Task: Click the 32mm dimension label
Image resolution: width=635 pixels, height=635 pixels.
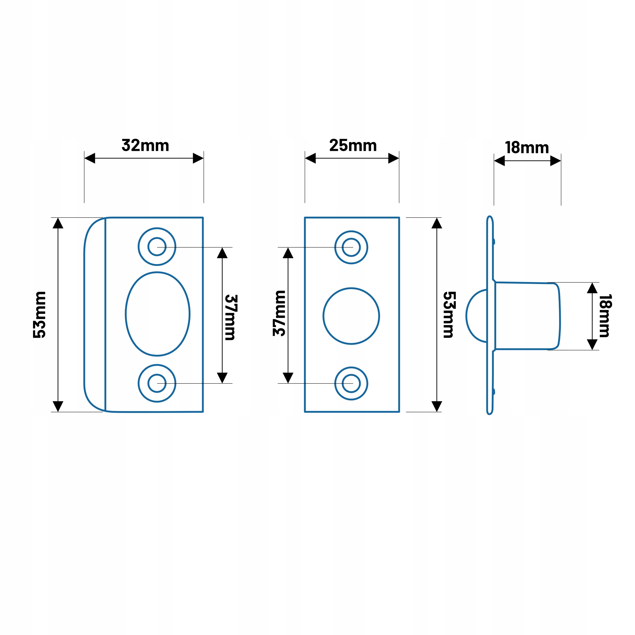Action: coord(145,145)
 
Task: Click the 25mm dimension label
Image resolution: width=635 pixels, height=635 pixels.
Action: coord(353,145)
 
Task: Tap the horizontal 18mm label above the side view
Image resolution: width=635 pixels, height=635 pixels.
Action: coord(527,147)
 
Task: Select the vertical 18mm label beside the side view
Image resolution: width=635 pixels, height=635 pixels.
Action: coord(605,316)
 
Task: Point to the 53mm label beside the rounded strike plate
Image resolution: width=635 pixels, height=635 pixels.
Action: coord(39,315)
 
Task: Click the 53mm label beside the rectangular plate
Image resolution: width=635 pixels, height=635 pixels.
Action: coord(449,315)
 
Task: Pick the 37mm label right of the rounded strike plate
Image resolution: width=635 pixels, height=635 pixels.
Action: coord(231,317)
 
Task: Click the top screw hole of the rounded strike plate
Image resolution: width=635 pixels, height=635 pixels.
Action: coord(157,247)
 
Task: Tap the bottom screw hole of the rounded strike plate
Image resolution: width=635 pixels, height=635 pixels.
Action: coord(157,383)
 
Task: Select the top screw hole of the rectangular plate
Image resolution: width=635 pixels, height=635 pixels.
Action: coord(351,247)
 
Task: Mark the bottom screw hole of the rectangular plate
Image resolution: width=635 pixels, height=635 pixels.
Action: coord(351,383)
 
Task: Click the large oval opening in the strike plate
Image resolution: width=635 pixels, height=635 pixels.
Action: coord(158,314)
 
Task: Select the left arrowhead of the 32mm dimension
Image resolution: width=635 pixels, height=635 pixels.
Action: coord(90,158)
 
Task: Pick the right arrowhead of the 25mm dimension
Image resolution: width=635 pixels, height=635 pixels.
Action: coord(393,158)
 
